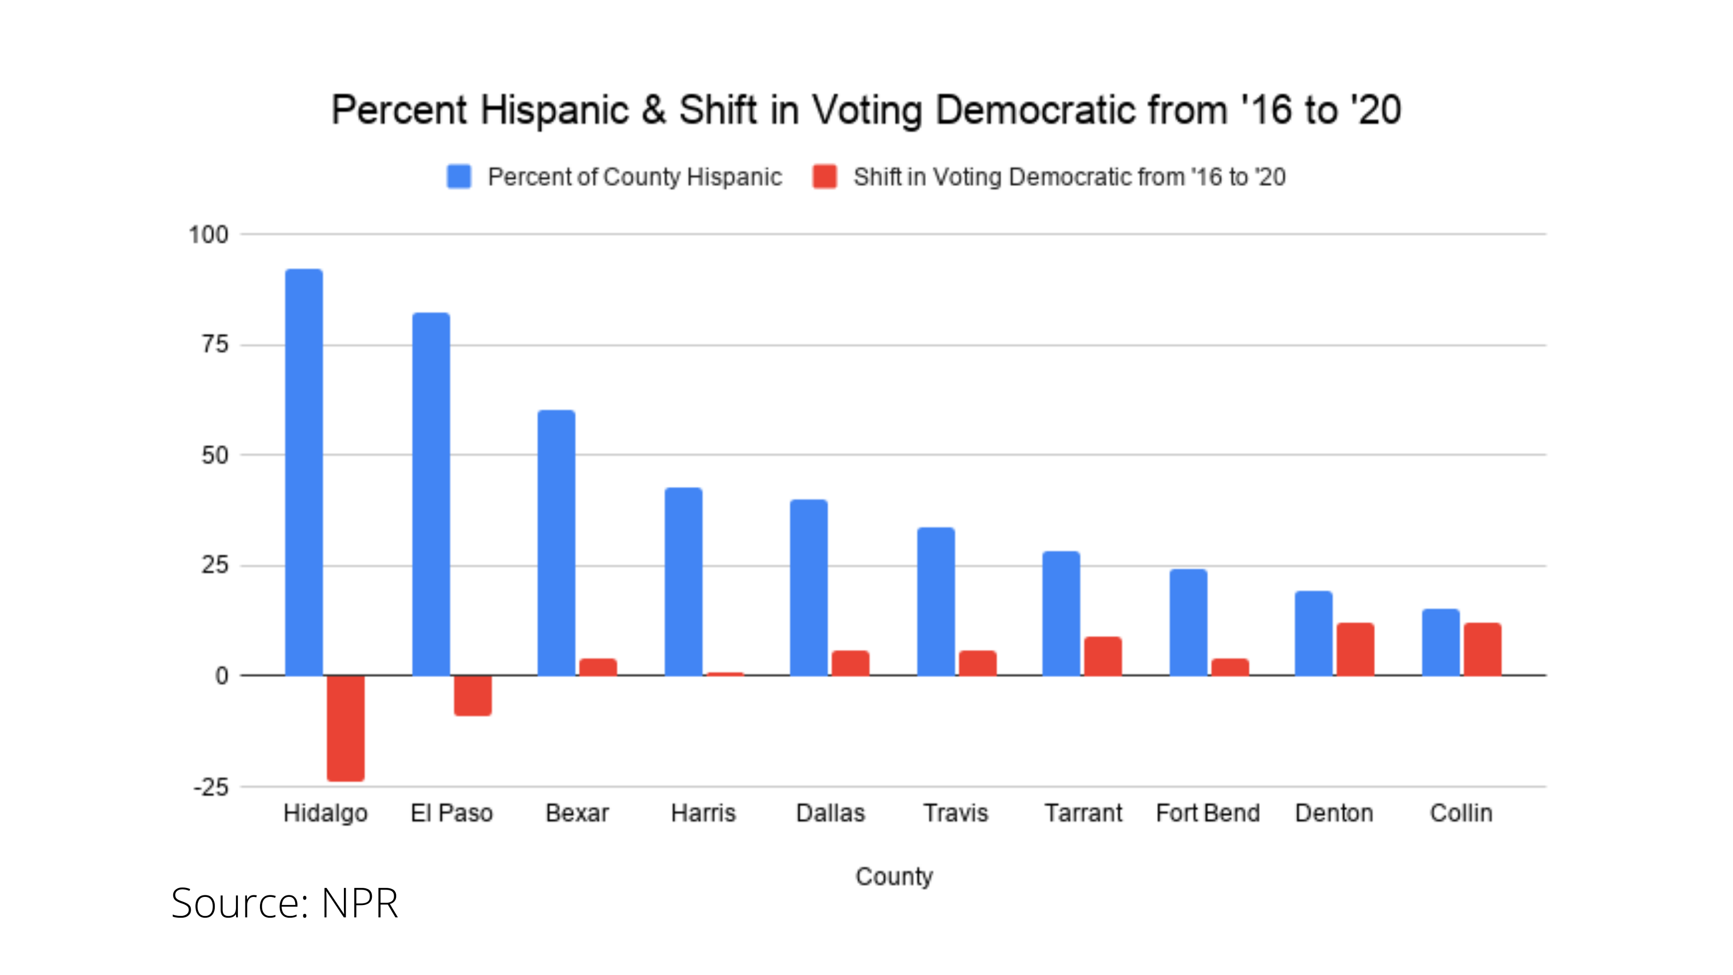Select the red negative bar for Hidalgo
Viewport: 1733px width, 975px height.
(346, 728)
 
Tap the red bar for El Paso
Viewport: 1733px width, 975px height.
(472, 695)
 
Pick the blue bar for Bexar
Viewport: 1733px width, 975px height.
(556, 542)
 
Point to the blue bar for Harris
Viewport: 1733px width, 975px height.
(684, 581)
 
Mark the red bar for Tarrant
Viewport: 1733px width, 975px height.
(1103, 656)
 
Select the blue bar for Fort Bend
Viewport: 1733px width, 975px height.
(1188, 622)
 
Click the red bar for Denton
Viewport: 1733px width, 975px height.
(1355, 650)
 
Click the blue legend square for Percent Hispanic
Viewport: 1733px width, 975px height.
(459, 177)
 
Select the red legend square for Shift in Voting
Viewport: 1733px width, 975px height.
(825, 177)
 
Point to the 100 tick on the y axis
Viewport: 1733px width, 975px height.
(209, 235)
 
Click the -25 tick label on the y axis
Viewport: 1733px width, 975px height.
(211, 787)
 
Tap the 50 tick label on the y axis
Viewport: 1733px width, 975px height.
(215, 455)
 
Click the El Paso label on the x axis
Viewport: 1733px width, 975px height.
(451, 813)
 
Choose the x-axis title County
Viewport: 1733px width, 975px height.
(894, 876)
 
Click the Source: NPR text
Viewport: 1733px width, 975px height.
(285, 903)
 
